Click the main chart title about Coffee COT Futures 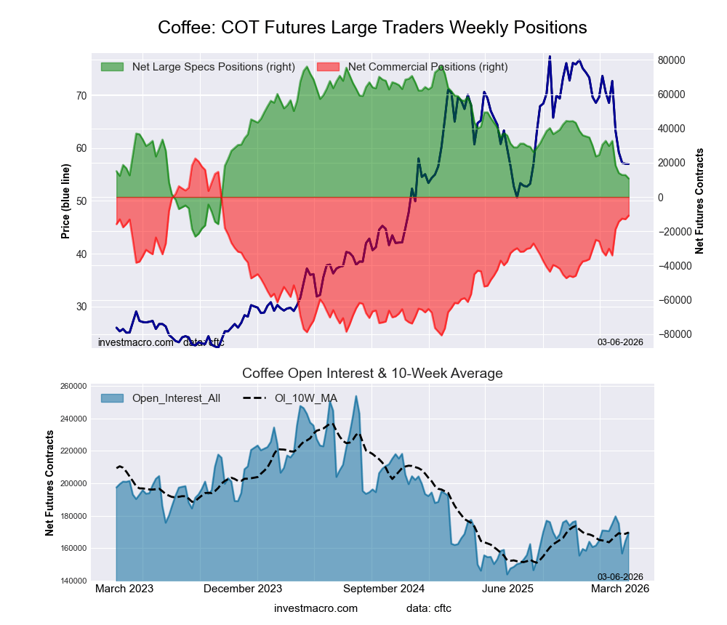(372, 28)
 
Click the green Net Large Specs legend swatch (112, 67)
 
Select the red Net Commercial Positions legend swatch (328, 67)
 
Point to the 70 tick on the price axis (81, 95)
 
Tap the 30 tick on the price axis (81, 307)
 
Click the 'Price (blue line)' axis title (65, 202)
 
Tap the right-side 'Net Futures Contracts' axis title (699, 201)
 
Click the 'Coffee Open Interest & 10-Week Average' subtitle (372, 374)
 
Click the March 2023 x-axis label (124, 589)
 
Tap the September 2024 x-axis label (382, 589)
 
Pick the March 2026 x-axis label (620, 589)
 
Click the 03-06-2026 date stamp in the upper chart (620, 342)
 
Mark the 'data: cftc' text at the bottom (429, 608)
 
